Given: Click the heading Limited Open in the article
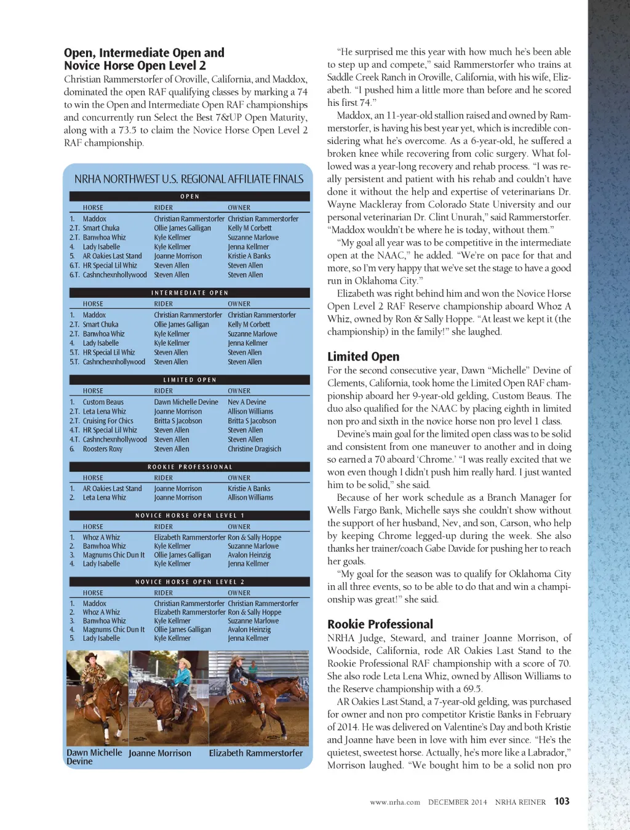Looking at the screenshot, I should point(363,356).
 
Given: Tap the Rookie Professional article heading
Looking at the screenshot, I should point(380,624).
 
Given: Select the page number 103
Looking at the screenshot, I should point(562,801).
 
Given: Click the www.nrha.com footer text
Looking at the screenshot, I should point(394,802).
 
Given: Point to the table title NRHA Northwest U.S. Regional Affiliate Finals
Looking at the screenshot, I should point(189,179).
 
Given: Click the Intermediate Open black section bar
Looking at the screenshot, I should point(189,293).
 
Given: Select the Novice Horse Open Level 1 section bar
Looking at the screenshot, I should point(189,516).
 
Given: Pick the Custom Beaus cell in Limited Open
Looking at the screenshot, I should point(103,402).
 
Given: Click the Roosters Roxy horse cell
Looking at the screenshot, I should point(103,449).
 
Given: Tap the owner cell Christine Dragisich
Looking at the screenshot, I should point(254,449).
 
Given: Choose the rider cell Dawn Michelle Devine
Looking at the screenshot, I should point(186,402).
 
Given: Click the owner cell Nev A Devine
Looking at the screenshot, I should point(247,402).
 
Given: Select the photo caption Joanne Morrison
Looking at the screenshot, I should point(160,753).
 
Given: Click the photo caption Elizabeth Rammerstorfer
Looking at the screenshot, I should point(255,753).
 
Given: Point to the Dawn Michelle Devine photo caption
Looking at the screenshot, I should point(94,757).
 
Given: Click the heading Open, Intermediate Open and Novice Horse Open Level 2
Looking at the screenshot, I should point(144,59).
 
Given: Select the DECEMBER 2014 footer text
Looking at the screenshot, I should point(457,802).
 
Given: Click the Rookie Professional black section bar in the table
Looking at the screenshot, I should point(189,467).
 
